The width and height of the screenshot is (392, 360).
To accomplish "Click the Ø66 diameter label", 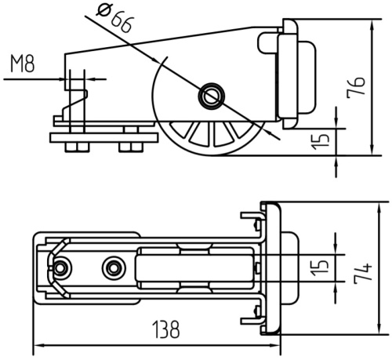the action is coord(114,17).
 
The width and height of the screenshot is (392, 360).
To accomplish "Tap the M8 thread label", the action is coord(22,64).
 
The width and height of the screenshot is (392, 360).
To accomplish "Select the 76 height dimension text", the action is coord(356,87).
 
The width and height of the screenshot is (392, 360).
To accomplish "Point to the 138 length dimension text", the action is coord(166,329).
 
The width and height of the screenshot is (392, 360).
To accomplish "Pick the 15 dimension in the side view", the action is coord(321,142).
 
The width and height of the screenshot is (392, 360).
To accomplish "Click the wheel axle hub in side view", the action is coord(212,96).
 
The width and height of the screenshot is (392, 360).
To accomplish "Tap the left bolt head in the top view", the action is coord(60,268).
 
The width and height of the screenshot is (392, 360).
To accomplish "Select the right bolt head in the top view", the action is coord(114,268).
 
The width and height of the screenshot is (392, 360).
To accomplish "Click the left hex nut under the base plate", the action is coord(78,147).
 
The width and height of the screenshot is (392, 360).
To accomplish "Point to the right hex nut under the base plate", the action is coord(131,147).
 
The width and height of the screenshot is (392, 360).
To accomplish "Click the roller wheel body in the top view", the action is coord(194,268).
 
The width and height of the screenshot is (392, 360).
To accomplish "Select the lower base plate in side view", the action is coord(104,138).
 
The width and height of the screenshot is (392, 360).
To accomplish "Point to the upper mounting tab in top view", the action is coord(252,216).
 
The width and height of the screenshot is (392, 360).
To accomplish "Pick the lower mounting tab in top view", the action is coord(252,321).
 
